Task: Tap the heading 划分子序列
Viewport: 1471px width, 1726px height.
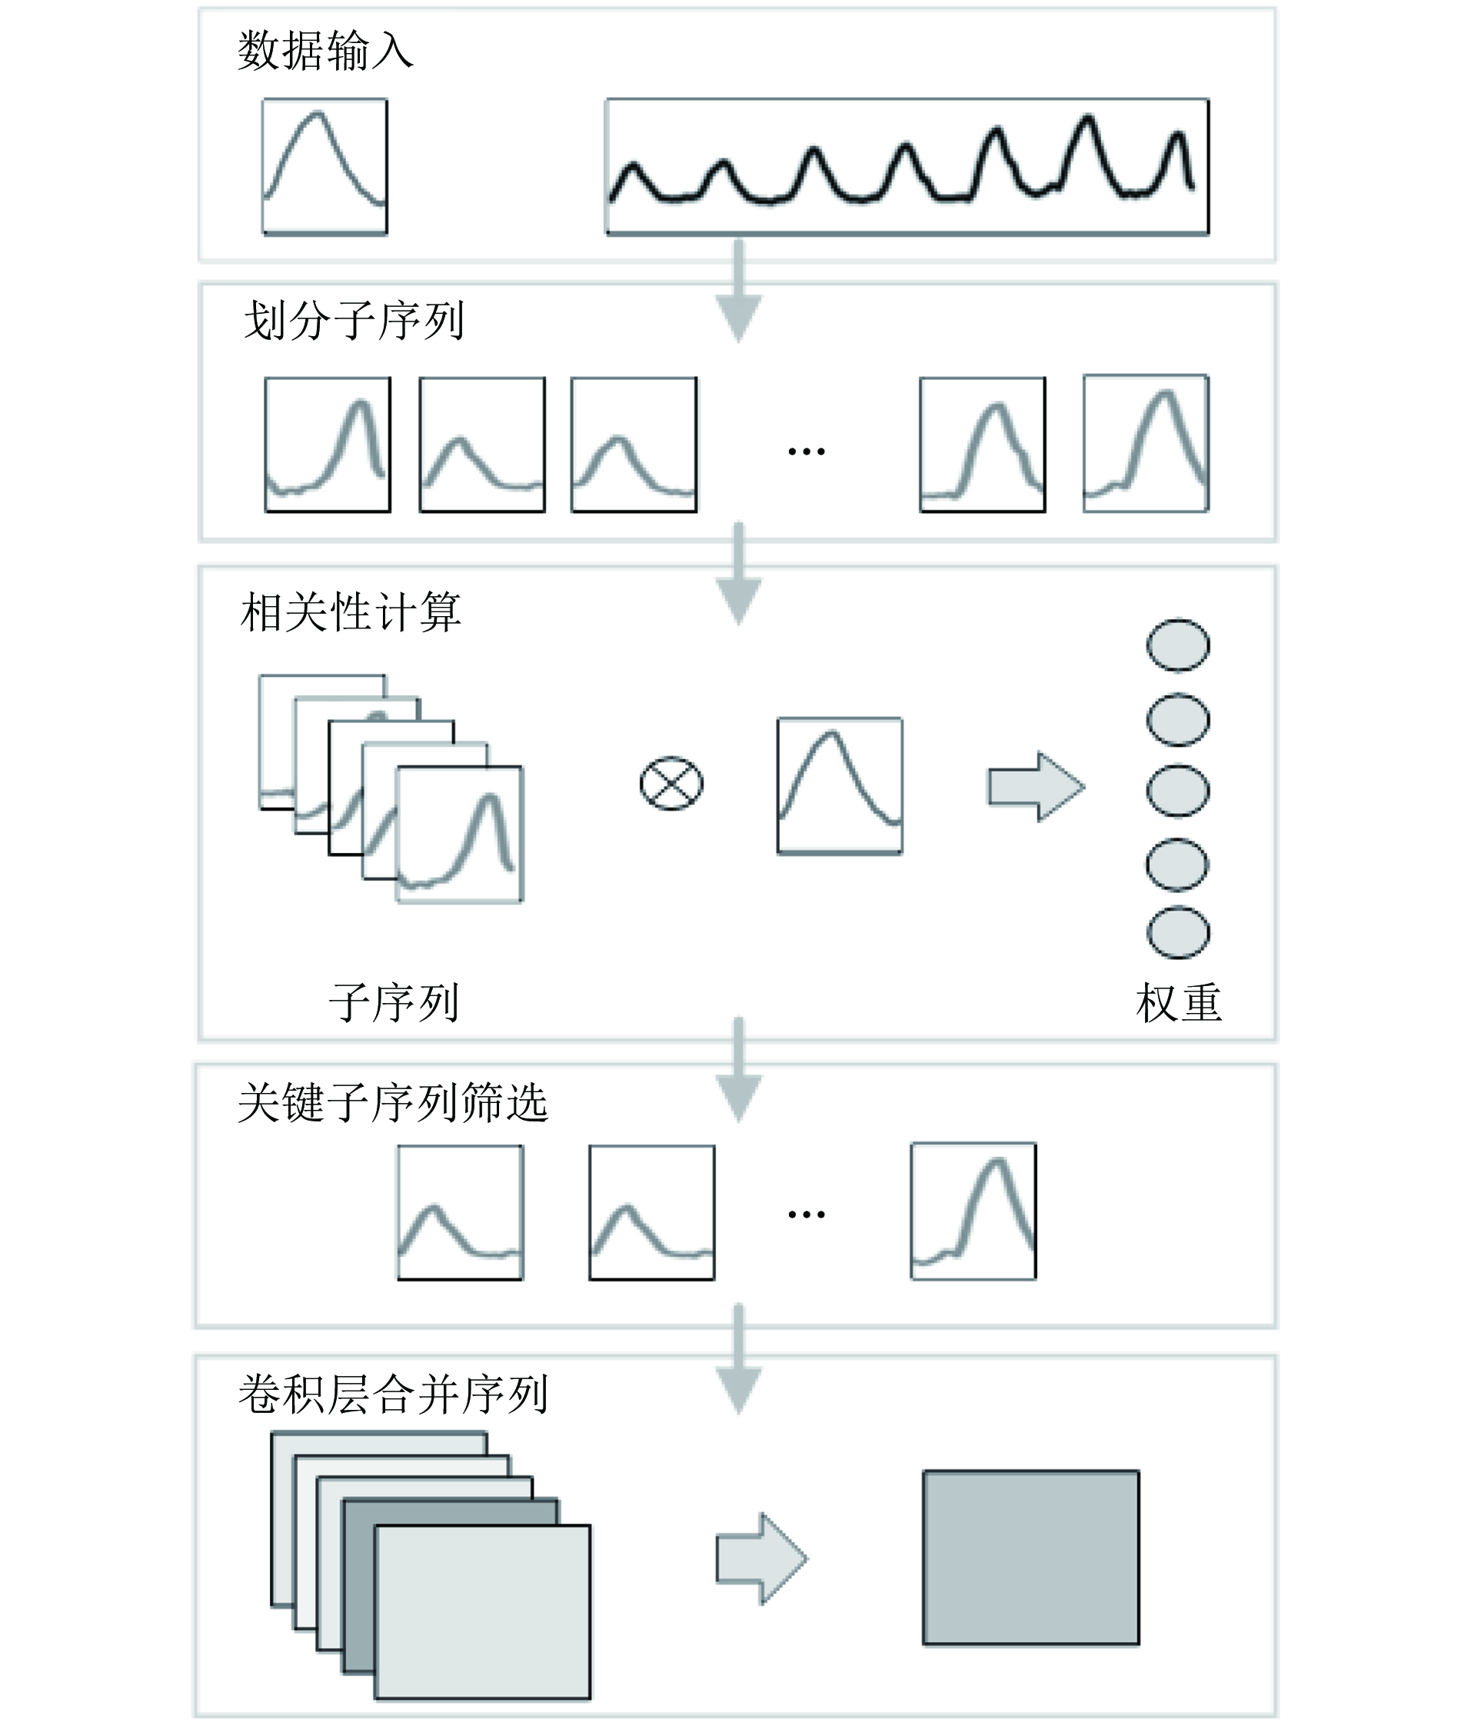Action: pos(353,321)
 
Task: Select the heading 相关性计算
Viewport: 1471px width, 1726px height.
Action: pos(350,612)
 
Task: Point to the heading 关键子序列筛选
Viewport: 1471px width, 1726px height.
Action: pos(393,1102)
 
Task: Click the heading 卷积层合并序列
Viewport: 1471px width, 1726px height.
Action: pos(393,1394)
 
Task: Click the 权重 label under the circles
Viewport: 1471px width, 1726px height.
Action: pos(1179,1003)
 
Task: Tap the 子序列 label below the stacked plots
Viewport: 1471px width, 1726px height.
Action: pos(394,1002)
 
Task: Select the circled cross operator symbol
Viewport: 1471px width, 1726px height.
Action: pos(671,784)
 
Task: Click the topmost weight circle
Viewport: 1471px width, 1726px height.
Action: pos(1178,645)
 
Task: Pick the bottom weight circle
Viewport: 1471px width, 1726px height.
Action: pos(1178,932)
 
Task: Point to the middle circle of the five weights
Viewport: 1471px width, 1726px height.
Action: pos(1178,790)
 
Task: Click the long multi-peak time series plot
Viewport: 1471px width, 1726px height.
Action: pos(907,167)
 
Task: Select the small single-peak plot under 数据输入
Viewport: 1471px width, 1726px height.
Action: pos(324,167)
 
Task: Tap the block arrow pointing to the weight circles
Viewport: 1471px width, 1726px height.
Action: pos(1037,787)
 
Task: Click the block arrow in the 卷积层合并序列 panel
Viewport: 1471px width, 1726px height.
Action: pos(761,1558)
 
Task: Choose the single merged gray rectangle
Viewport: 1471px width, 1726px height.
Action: pos(1030,1557)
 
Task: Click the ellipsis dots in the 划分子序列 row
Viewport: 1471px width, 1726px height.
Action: pos(807,451)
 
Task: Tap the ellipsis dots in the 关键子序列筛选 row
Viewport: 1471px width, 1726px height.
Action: pos(807,1215)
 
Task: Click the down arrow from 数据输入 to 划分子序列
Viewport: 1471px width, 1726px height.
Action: pos(738,292)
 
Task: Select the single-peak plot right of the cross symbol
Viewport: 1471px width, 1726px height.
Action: pos(840,785)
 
